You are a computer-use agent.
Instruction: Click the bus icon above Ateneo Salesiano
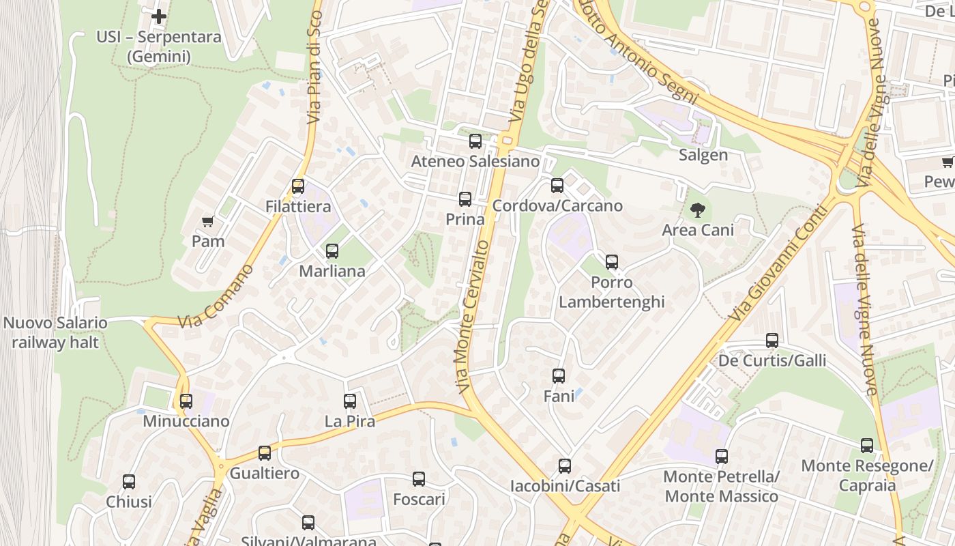[475, 141]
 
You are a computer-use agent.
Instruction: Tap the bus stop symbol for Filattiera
[298, 186]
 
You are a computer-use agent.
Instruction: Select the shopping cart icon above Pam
[208, 222]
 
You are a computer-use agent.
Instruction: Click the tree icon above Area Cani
[697, 210]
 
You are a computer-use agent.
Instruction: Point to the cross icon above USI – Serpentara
[159, 16]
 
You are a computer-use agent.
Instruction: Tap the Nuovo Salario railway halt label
[55, 332]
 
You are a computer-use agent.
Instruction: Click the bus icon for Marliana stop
[332, 251]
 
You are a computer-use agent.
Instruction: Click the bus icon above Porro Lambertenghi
[612, 262]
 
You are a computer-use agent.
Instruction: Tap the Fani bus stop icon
[559, 375]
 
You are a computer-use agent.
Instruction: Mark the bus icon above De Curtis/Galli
[772, 341]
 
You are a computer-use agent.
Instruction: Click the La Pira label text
[350, 421]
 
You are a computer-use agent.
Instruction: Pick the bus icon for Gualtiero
[265, 453]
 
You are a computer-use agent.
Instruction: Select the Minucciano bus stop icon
[186, 401]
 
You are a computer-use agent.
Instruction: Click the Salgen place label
[703, 155]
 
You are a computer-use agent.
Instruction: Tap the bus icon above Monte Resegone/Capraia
[867, 446]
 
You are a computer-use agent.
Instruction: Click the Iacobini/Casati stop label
[565, 486]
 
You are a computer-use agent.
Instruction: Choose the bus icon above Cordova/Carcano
[557, 186]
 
